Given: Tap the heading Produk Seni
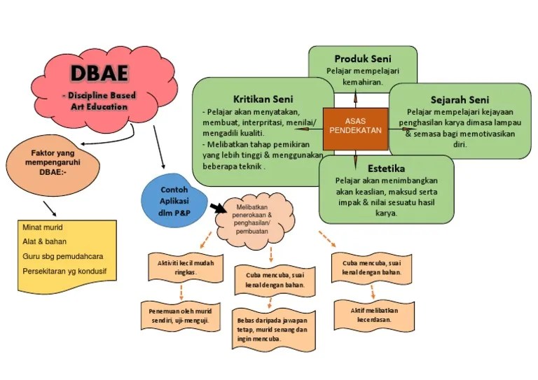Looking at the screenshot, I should (x=362, y=59).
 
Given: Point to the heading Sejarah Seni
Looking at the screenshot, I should (x=460, y=99).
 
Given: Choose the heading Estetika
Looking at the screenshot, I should (x=386, y=168).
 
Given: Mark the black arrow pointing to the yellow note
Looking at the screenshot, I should (x=50, y=208).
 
